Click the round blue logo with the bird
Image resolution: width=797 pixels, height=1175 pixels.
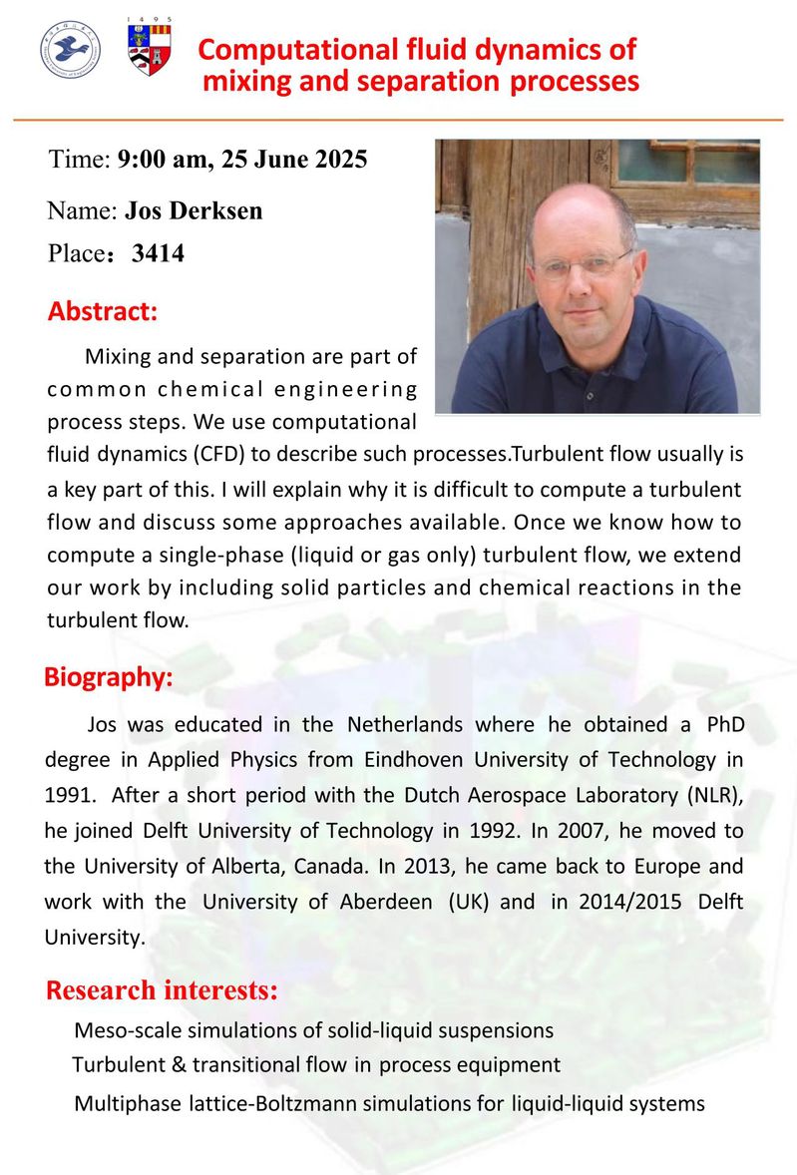click(70, 50)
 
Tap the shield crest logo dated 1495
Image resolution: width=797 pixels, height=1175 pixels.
click(150, 50)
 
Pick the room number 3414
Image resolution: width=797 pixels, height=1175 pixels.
click(158, 253)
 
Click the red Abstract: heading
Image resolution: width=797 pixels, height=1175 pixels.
click(103, 310)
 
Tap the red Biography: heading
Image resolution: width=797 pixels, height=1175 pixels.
click(108, 677)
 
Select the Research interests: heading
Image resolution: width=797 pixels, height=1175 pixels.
click(162, 990)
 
